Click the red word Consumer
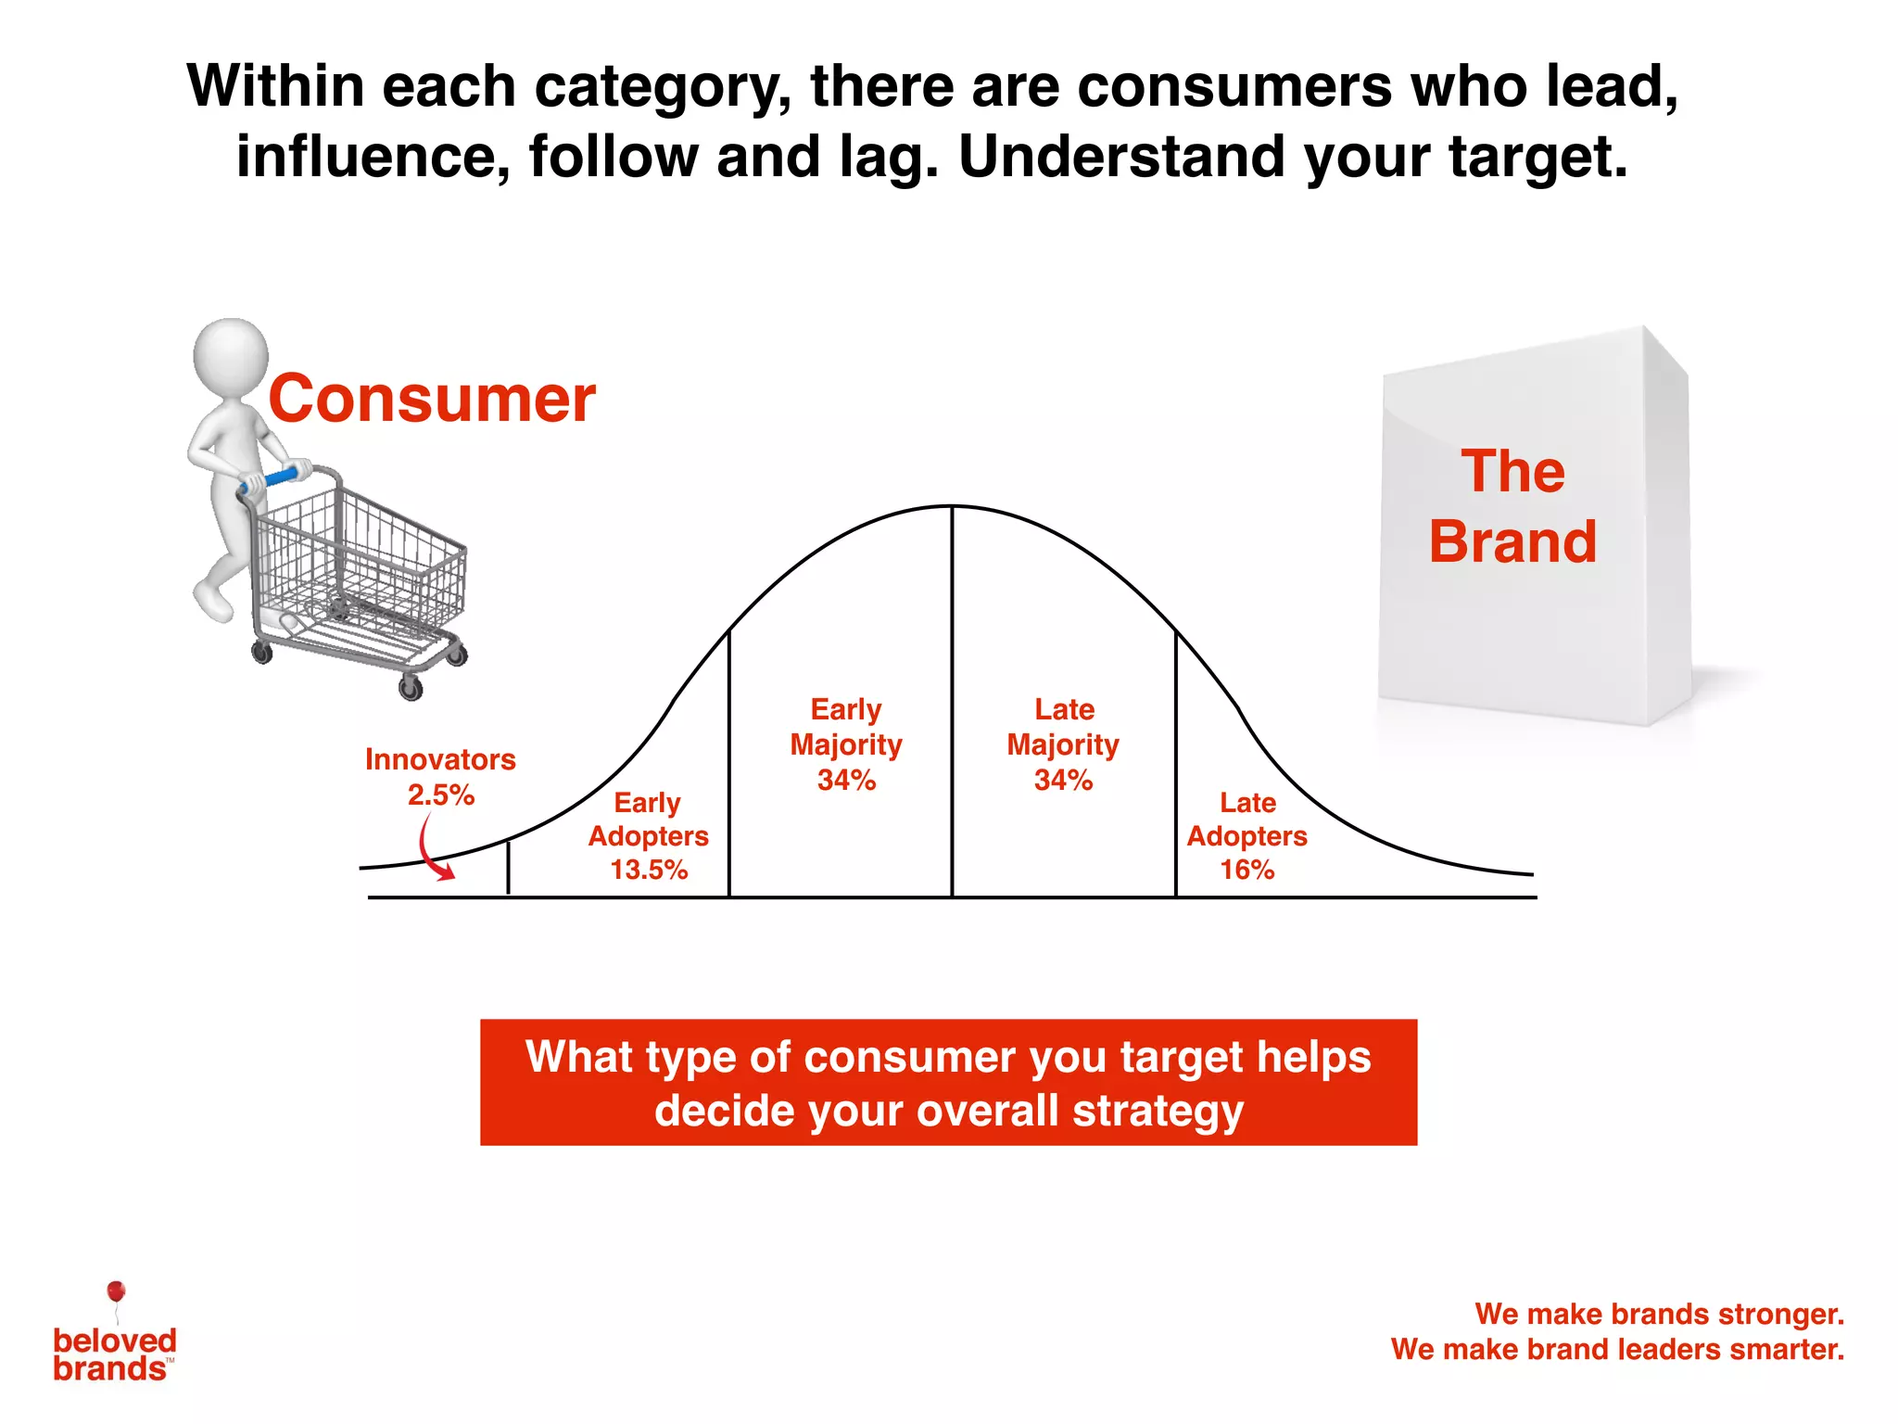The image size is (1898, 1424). tap(432, 400)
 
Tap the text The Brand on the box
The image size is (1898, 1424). tap(1512, 506)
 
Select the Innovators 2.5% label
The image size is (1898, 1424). tap(440, 777)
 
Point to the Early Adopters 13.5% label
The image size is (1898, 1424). tap(648, 835)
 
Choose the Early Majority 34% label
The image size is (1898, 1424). tap(845, 744)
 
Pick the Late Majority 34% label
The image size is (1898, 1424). tap(1063, 744)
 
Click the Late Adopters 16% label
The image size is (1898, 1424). tap(1246, 835)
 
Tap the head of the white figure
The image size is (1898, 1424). tap(230, 357)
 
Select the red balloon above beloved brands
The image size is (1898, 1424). tap(116, 1291)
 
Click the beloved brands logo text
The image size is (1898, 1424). tap(113, 1354)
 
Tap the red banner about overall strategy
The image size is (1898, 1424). tap(948, 1082)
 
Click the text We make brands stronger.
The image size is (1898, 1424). tap(1659, 1314)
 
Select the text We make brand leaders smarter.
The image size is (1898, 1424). tap(1617, 1349)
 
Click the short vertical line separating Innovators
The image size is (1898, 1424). tap(508, 868)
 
